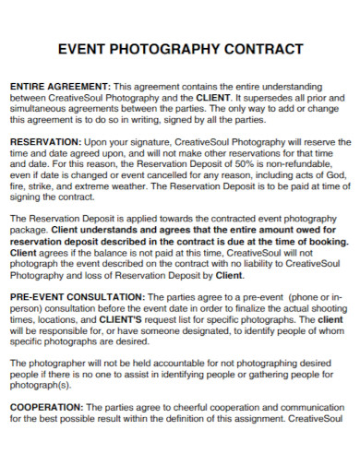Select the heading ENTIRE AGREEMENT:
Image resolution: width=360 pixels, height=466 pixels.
point(59,85)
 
